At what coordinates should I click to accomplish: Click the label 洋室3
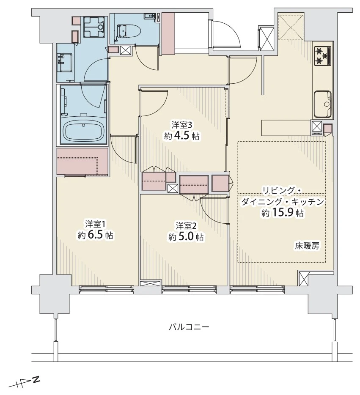pyautogui.click(x=182, y=125)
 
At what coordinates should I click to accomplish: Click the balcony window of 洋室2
pyautogui.click(x=189, y=290)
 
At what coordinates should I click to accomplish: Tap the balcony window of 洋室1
pyautogui.click(x=107, y=290)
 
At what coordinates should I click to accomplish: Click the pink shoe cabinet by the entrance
pyautogui.click(x=168, y=33)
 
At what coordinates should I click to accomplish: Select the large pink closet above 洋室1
pyautogui.click(x=82, y=162)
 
